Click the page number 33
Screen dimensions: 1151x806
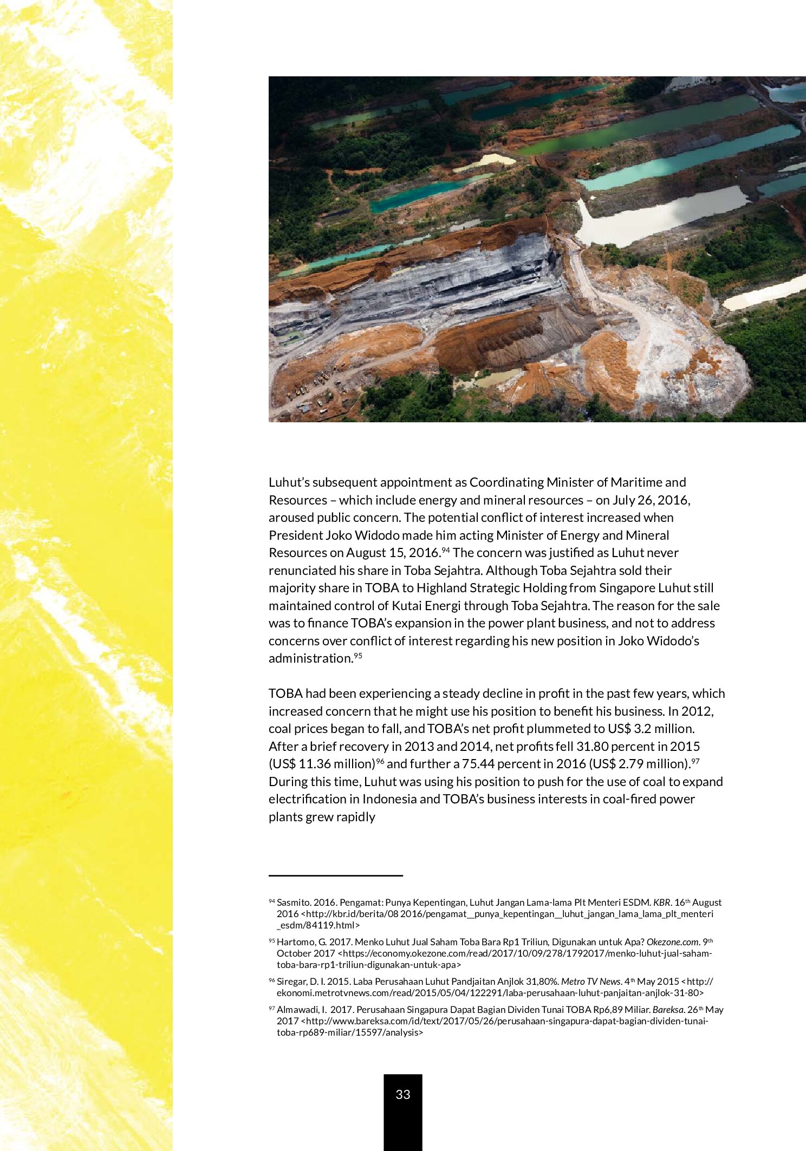coord(402,1094)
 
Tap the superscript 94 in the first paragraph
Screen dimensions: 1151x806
coord(446,550)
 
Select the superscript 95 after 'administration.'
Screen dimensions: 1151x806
coord(357,655)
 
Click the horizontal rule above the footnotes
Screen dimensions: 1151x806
coord(336,875)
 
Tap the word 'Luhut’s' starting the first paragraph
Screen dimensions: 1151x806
coord(289,482)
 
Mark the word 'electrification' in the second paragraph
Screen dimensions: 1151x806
coord(314,799)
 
